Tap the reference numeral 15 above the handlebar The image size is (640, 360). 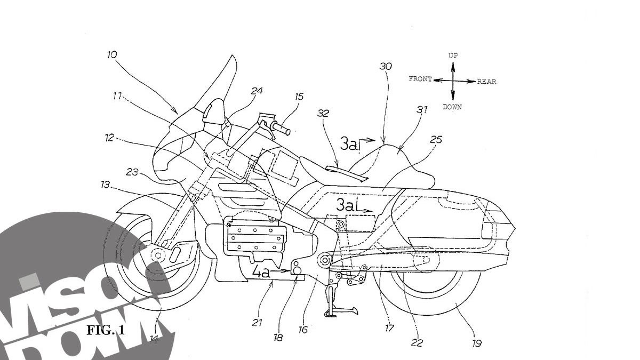point(299,97)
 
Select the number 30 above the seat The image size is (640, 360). point(385,67)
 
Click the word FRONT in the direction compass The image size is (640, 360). point(420,79)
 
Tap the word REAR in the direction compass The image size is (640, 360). point(486,82)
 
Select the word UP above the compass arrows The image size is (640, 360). point(453,55)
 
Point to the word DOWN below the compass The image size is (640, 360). point(452,107)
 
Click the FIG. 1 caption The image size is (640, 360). point(106,330)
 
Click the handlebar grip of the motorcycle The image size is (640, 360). point(281,128)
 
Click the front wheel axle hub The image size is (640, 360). point(158,256)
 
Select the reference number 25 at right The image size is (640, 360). point(436,140)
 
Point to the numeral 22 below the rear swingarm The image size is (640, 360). point(417,343)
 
